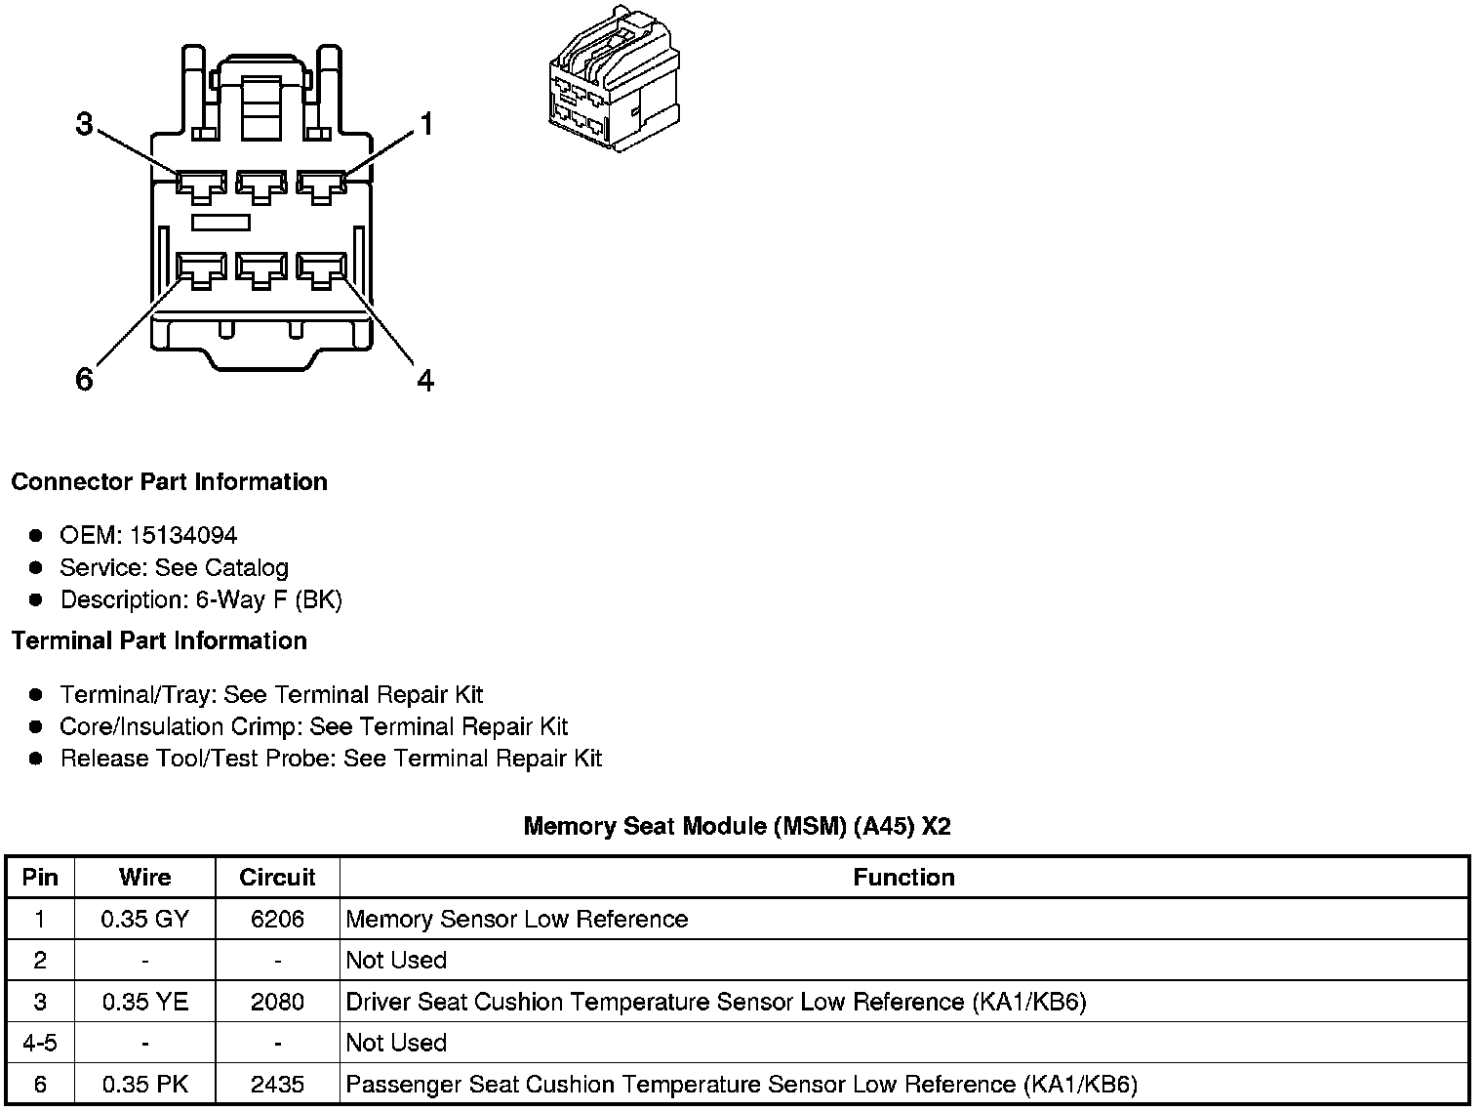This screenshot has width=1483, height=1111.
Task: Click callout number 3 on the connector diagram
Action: pyautogui.click(x=85, y=125)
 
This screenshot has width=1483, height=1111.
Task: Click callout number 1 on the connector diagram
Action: pyautogui.click(x=425, y=124)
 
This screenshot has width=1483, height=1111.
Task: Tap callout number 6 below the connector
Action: pyautogui.click(x=85, y=379)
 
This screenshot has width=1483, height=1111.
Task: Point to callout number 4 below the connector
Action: pyautogui.click(x=425, y=379)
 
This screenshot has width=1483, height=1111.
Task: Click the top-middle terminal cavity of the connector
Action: pyautogui.click(x=261, y=185)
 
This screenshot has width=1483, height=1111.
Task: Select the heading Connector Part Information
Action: pyautogui.click(x=169, y=482)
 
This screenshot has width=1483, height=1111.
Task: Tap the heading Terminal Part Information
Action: pyautogui.click(x=159, y=640)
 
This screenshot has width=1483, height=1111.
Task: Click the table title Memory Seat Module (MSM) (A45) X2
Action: pyautogui.click(x=737, y=826)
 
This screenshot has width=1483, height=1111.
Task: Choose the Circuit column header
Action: pyautogui.click(x=277, y=877)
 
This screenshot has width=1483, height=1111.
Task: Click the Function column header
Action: pyautogui.click(x=903, y=877)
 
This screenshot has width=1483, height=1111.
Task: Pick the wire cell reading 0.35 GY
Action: pyautogui.click(x=144, y=919)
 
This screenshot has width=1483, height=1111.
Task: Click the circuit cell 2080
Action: pyautogui.click(x=277, y=1002)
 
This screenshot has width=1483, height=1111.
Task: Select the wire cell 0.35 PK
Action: pyautogui.click(x=144, y=1085)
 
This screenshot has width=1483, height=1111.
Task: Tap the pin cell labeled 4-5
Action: pyautogui.click(x=40, y=1043)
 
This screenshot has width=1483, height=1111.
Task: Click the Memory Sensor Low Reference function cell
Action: pyautogui.click(x=517, y=919)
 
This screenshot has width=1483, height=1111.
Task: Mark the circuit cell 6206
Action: pyautogui.click(x=277, y=919)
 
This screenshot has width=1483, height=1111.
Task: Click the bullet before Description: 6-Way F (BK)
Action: pyautogui.click(x=36, y=599)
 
